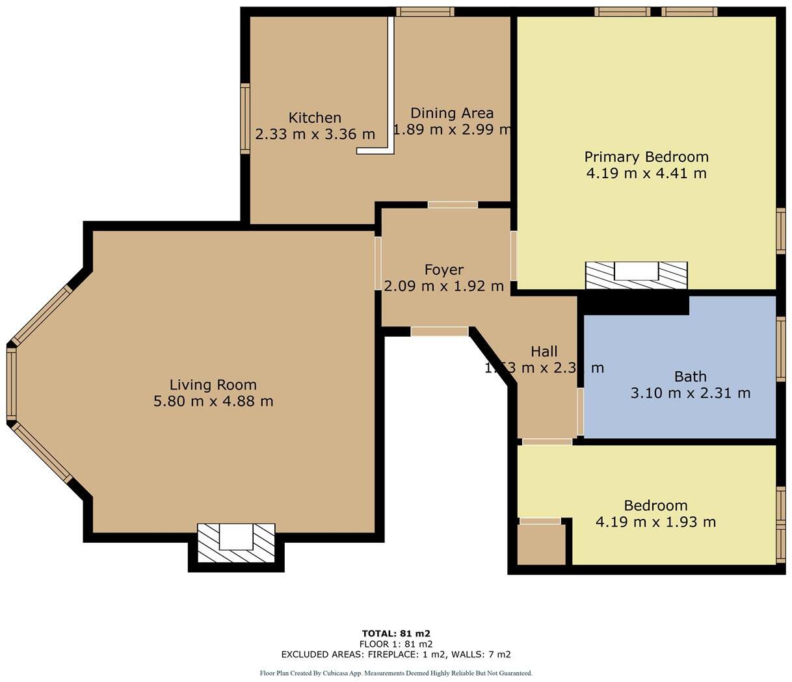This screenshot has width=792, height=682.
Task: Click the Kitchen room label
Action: (x=315, y=118)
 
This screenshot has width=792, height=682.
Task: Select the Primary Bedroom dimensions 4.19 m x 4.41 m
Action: (x=646, y=173)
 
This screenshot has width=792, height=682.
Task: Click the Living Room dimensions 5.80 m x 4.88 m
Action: (x=213, y=401)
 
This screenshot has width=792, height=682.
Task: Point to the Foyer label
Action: (x=443, y=269)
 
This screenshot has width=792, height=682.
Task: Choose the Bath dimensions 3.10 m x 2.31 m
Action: (x=690, y=393)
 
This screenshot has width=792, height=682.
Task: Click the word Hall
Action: (x=544, y=352)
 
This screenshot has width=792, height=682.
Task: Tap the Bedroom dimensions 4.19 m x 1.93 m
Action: (x=655, y=521)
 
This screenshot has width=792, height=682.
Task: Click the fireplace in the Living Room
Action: (x=236, y=543)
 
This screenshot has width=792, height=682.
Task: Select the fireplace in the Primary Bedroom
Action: (x=636, y=275)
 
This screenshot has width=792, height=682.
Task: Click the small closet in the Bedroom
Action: (x=541, y=544)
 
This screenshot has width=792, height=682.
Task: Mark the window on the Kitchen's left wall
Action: (x=245, y=118)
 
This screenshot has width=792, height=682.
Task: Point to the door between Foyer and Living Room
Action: (x=378, y=263)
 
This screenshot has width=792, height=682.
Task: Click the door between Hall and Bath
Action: (x=580, y=412)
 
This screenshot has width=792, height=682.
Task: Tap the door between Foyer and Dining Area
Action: (x=453, y=205)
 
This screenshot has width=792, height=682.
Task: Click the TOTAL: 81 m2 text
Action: (x=396, y=633)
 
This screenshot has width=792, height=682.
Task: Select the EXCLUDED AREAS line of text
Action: (x=396, y=654)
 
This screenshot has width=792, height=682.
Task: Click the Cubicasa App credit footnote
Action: (x=396, y=673)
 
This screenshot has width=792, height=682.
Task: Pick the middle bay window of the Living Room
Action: (x=11, y=384)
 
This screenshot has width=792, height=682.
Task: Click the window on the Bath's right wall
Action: (x=780, y=348)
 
